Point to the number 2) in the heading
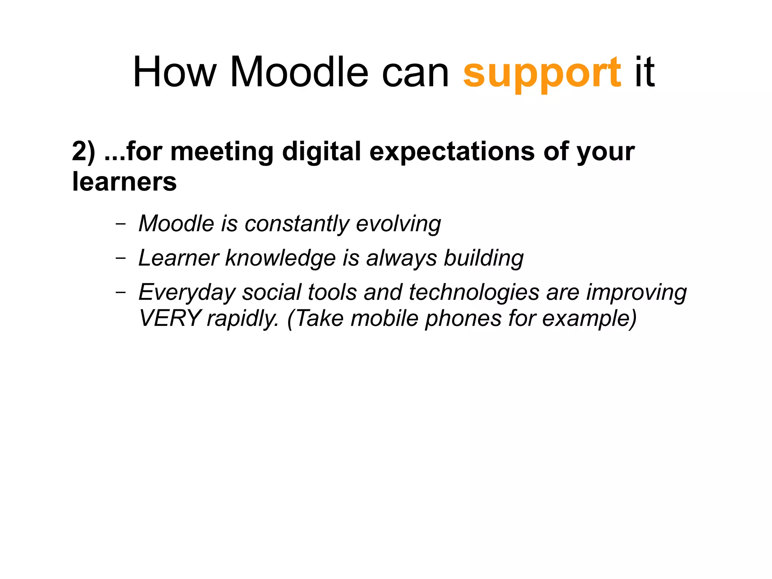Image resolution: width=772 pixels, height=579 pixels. (x=83, y=152)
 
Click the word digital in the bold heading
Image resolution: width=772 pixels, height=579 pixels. (x=322, y=152)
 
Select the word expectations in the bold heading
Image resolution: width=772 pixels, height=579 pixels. (x=452, y=152)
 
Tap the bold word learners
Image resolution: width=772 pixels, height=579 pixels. (x=124, y=182)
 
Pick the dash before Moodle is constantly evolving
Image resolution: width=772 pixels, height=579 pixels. (x=121, y=224)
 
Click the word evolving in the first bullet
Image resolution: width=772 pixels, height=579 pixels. (x=398, y=224)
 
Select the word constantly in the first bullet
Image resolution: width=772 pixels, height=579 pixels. (x=297, y=224)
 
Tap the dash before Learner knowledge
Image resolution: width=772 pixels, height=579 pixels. (x=121, y=258)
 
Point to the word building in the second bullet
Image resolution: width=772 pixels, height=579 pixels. (x=484, y=258)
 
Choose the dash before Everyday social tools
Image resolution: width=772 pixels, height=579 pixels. (x=121, y=292)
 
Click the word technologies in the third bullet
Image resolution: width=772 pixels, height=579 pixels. (x=474, y=292)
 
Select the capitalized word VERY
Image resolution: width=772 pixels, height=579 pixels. (x=170, y=318)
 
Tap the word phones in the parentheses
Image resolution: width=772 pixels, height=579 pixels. (x=463, y=318)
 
